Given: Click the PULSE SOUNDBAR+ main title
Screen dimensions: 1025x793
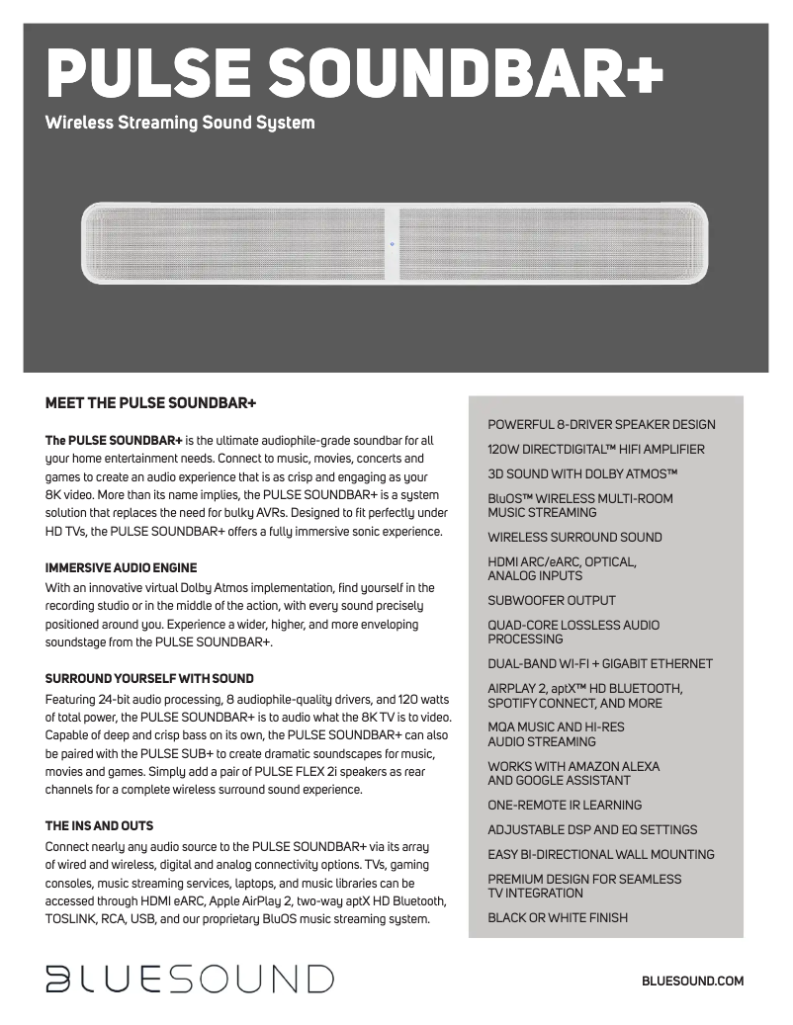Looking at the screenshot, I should pos(354,74).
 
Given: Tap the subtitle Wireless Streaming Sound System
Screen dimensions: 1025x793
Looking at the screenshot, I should pos(180,124).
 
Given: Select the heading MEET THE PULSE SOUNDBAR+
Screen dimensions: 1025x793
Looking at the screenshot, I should pos(151,403).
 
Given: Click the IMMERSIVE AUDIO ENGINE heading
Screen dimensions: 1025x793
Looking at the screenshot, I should pos(122,568).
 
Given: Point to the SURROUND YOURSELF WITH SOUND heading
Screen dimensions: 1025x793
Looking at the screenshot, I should pos(149,679).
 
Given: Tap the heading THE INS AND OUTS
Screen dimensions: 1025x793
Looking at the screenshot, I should pos(99,825).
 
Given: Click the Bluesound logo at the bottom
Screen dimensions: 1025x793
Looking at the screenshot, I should pos(189,979).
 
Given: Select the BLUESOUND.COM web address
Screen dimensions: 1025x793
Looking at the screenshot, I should pos(692,981).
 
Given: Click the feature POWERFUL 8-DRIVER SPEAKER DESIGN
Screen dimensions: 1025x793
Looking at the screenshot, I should pos(601,425).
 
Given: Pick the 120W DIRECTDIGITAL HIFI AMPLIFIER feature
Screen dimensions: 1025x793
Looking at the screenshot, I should pos(596,450).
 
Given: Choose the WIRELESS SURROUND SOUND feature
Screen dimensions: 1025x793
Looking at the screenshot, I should pos(574,538).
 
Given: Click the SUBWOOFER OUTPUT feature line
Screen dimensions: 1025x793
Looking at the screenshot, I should pos(551,601).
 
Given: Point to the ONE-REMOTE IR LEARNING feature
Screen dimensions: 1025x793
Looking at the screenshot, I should pos(565,806).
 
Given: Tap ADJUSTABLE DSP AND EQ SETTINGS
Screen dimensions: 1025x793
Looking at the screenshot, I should pos(592,830).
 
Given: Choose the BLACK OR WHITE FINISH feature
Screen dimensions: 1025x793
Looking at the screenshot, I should pos(558,918).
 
